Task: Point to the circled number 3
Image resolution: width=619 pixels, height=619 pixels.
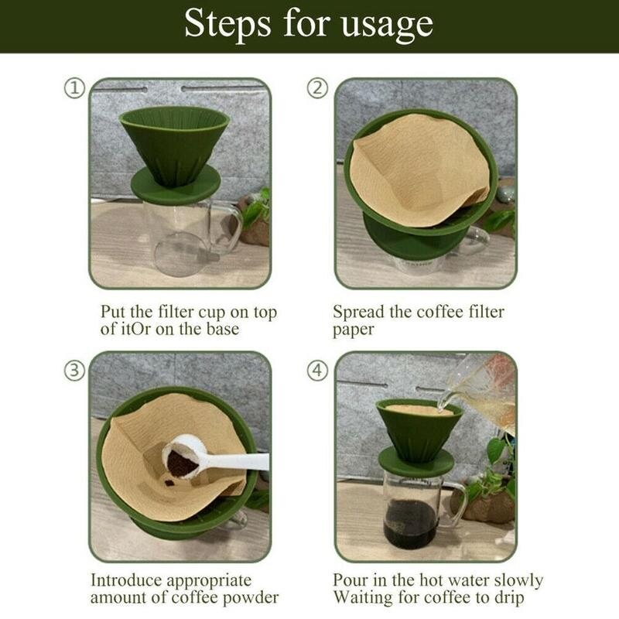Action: (x=74, y=371)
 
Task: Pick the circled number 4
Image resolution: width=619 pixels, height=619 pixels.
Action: (x=318, y=371)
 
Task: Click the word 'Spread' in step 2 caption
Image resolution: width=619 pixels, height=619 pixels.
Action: (x=359, y=313)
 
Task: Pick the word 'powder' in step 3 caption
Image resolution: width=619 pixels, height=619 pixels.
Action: (x=251, y=598)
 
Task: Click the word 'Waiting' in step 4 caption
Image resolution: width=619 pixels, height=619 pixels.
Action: (x=363, y=598)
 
